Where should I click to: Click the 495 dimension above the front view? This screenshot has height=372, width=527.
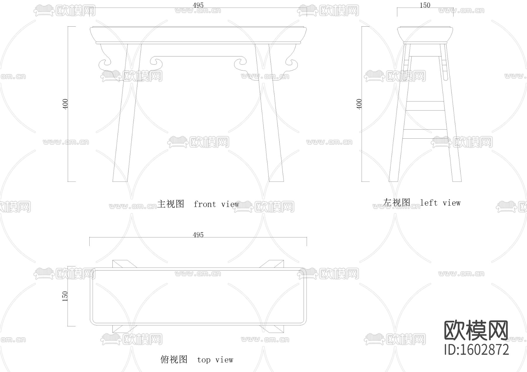click(x=198, y=5)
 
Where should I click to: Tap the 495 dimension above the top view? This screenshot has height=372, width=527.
click(x=198, y=235)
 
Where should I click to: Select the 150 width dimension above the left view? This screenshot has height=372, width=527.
click(x=425, y=5)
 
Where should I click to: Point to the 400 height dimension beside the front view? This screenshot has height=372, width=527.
click(x=65, y=104)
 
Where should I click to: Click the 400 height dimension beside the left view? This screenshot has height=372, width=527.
click(x=359, y=104)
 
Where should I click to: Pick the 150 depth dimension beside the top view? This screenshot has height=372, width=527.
click(x=65, y=296)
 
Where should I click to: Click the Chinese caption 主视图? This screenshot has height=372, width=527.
click(x=171, y=204)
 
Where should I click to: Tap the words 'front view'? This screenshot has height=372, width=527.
click(x=216, y=204)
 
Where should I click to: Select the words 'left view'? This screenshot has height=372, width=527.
click(x=440, y=203)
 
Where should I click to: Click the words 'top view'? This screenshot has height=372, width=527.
click(x=215, y=360)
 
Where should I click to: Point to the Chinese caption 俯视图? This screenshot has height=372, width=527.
click(x=174, y=359)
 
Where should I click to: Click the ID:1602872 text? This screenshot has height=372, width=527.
click(x=477, y=349)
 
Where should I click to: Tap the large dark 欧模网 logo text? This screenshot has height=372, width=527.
click(x=476, y=330)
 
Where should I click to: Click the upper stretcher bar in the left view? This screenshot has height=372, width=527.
click(x=425, y=106)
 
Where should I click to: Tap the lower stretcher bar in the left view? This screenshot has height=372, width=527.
click(x=425, y=134)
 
